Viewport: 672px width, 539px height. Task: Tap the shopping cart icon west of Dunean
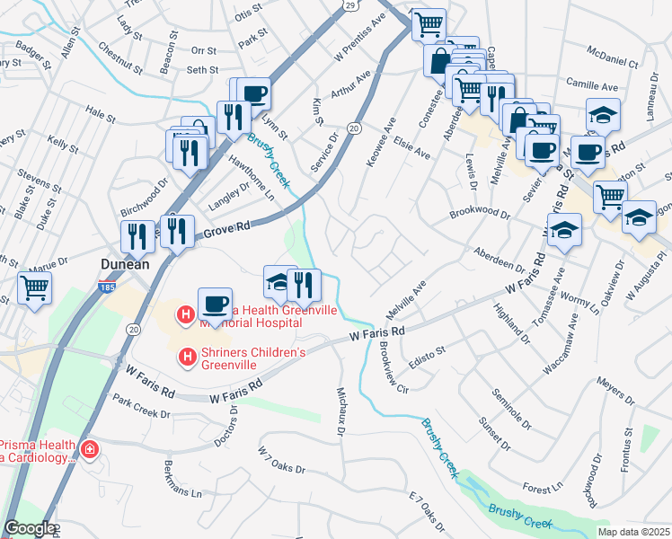coord(34,288)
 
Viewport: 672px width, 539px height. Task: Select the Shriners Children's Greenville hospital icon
coord(188,358)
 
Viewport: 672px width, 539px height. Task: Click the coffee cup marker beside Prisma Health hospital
coord(215,303)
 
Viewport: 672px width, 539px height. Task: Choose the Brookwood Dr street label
coord(479,216)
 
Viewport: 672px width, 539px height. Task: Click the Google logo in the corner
coord(29,529)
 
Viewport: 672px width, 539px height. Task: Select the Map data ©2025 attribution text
coord(633,532)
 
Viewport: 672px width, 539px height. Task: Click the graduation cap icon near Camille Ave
coord(602,114)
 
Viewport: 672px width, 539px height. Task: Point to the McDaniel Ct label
coord(610,64)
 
